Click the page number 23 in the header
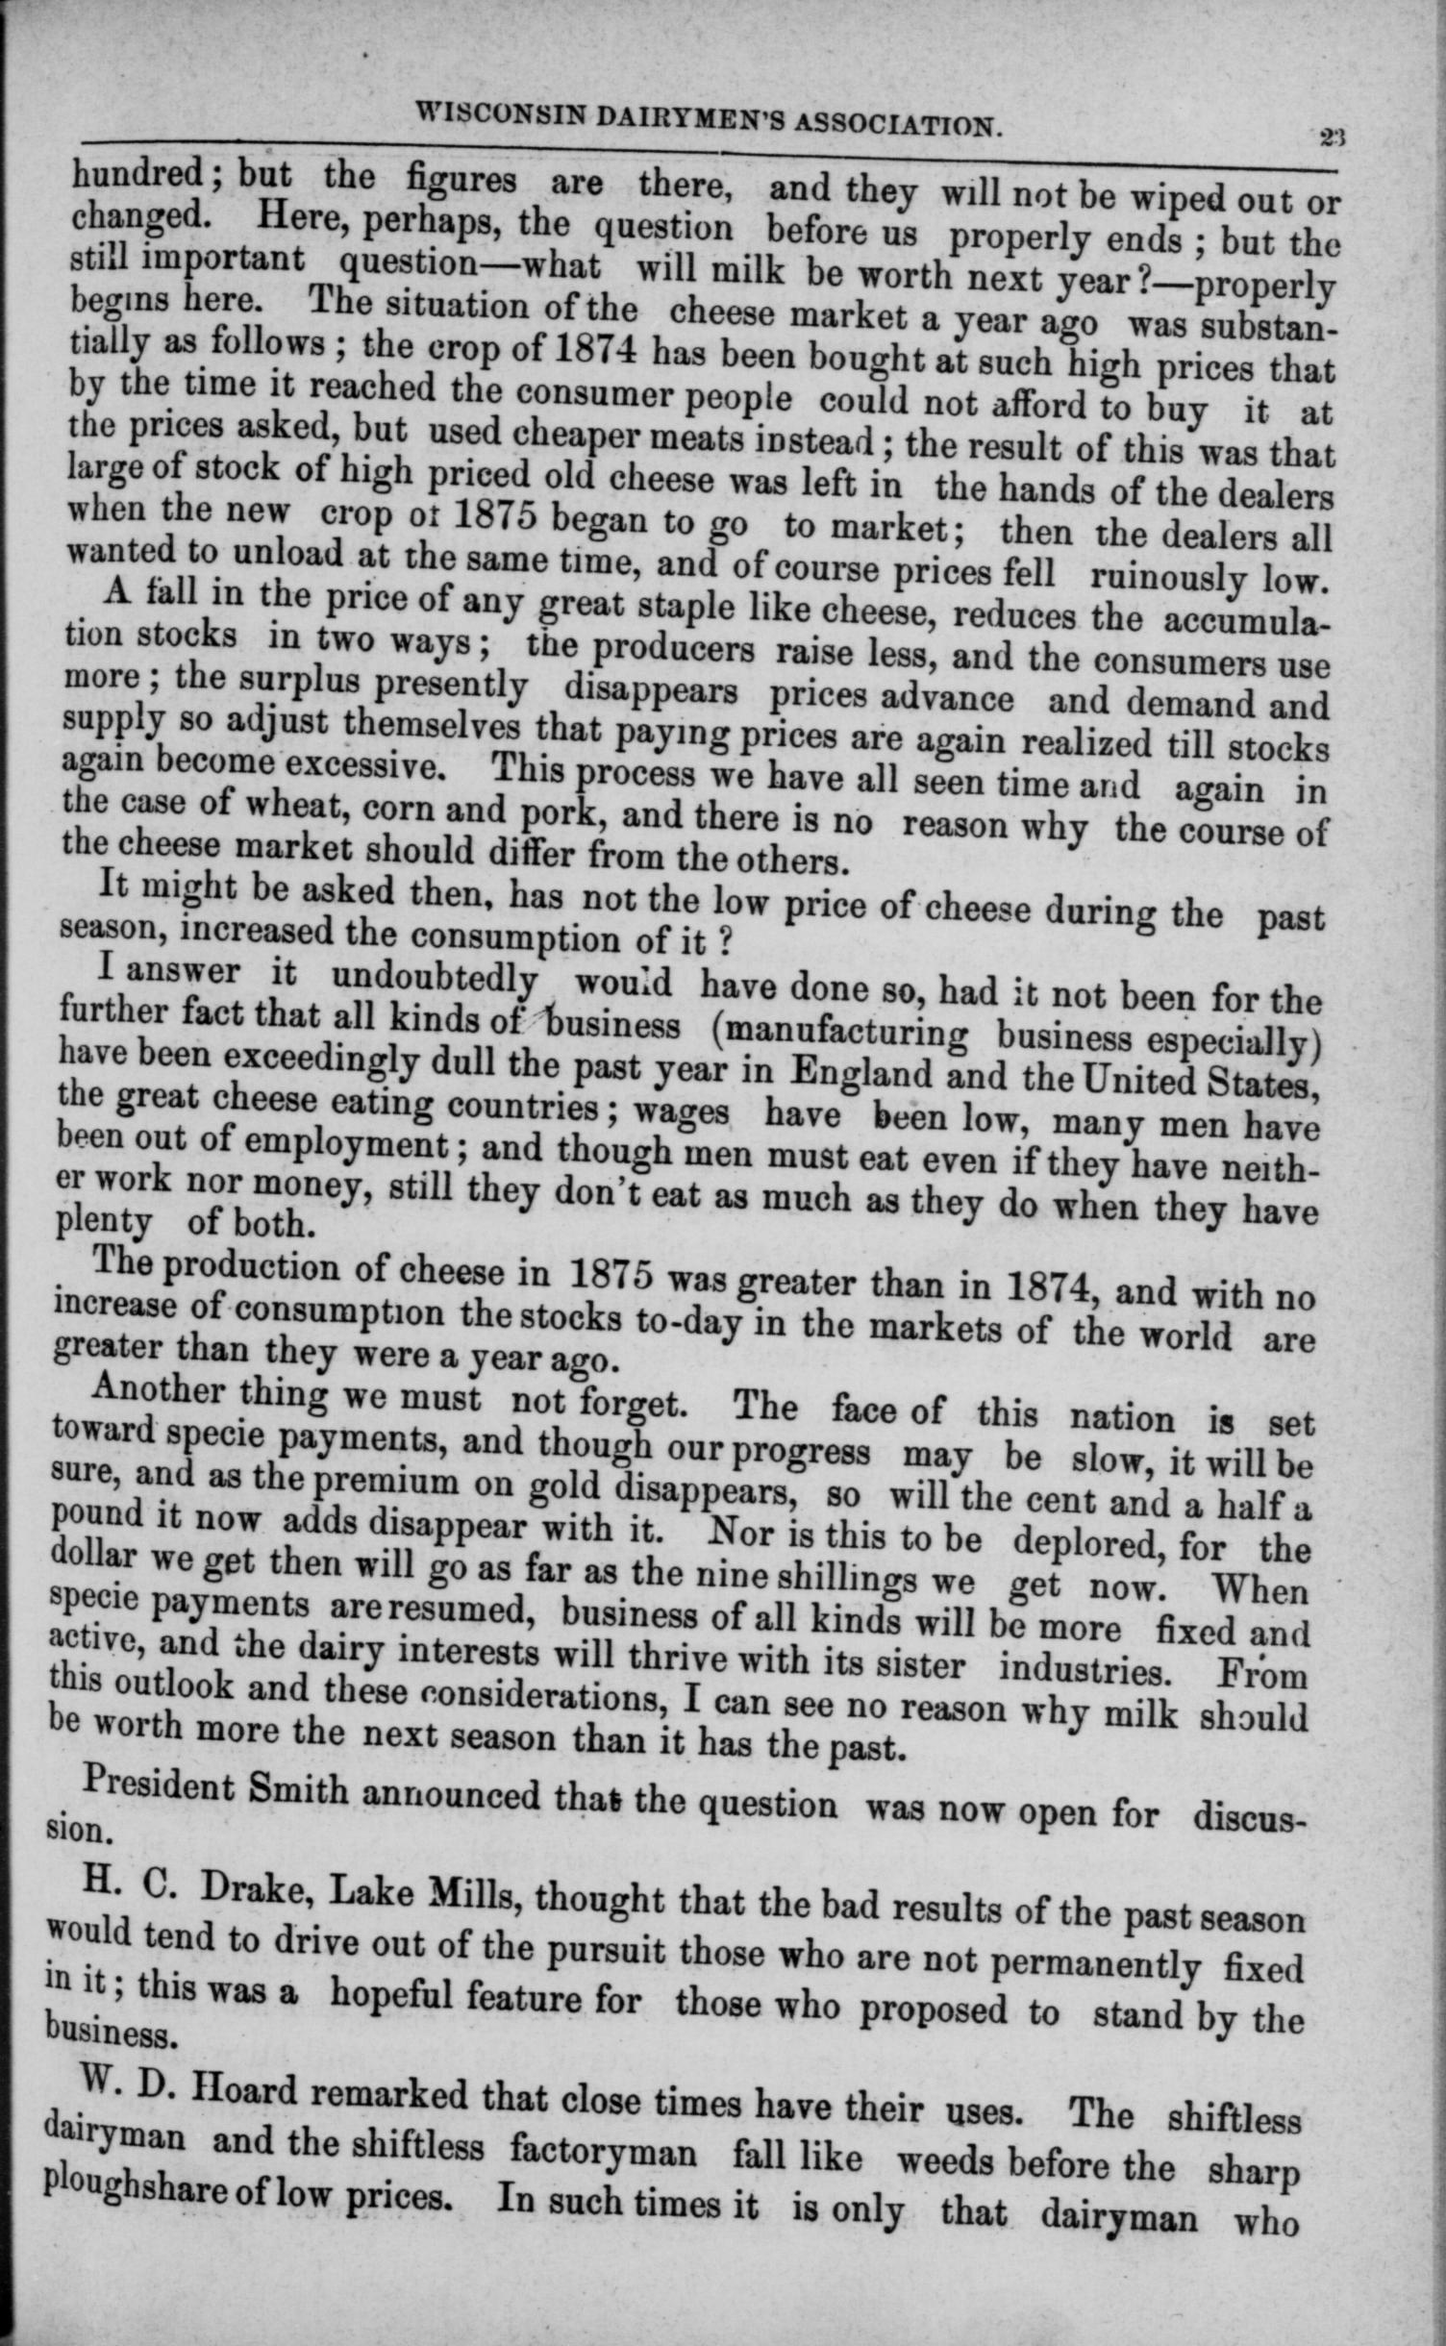[x=1332, y=137]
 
